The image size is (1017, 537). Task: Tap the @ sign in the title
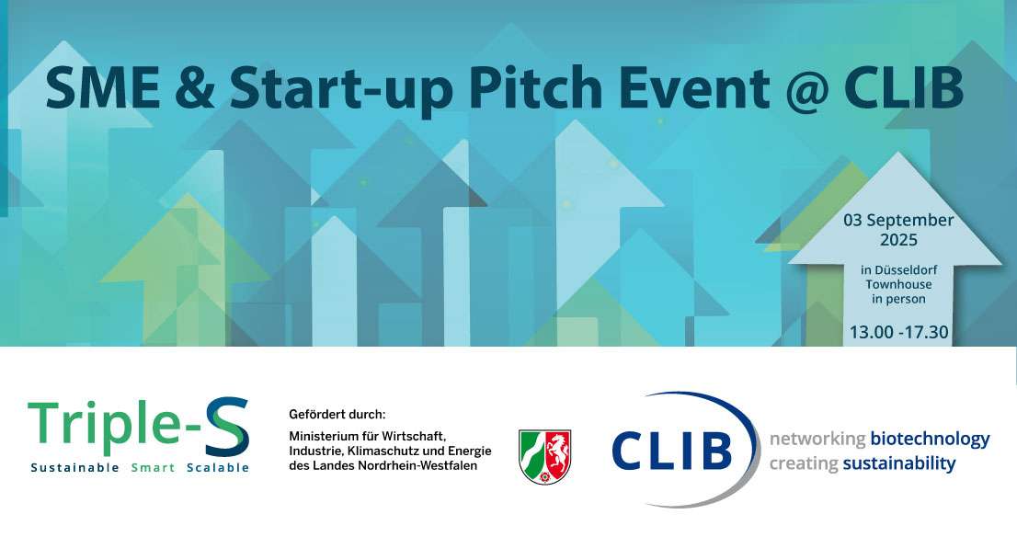click(x=806, y=89)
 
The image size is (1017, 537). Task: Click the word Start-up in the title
click(x=341, y=90)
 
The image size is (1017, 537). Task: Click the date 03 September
click(x=898, y=221)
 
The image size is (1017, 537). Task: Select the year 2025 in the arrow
click(x=898, y=240)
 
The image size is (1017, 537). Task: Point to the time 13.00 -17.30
click(x=899, y=332)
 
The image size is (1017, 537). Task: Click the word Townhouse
click(x=898, y=284)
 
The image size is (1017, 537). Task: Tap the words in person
click(x=898, y=299)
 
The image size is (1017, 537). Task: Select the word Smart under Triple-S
click(x=153, y=468)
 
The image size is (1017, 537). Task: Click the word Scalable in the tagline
click(x=218, y=468)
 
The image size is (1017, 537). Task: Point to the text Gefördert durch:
click(x=337, y=415)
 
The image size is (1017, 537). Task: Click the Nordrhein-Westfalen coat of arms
click(x=544, y=456)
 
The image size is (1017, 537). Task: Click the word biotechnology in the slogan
click(x=930, y=440)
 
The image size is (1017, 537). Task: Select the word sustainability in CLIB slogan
click(x=899, y=463)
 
